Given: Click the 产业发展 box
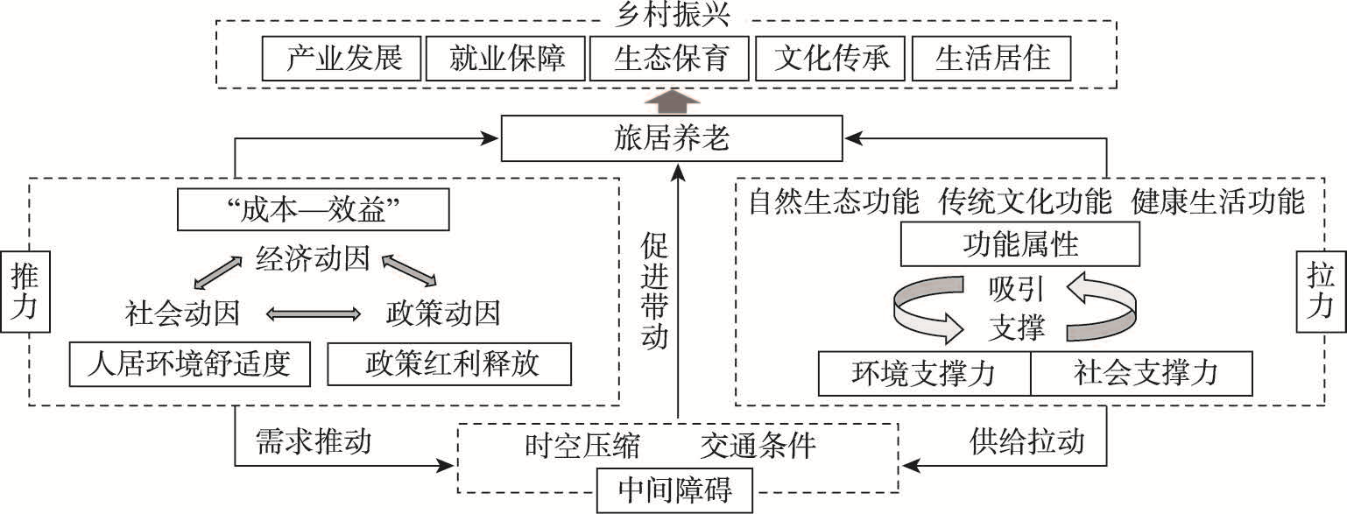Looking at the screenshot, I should (342, 60).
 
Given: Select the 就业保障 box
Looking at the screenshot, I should (507, 60).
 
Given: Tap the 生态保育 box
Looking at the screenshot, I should (670, 60).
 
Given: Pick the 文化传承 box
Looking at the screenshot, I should (831, 60).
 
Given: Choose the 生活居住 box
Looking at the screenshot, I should (991, 60).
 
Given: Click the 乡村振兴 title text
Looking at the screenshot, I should (673, 13).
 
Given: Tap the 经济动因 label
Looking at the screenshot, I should (313, 260).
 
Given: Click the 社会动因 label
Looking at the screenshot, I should (182, 313).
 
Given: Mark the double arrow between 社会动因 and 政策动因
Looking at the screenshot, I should (314, 313).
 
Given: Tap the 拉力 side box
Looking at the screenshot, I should (1321, 292).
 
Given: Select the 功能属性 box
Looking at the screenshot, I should (1019, 243).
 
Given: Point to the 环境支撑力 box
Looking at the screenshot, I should (923, 375).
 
